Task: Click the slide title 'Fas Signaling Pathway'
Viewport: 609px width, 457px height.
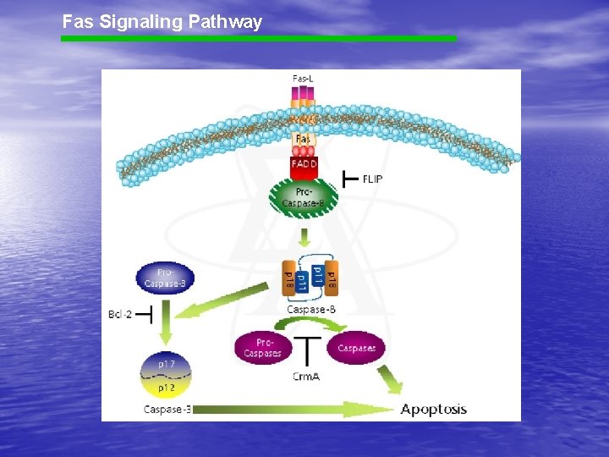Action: coord(162,22)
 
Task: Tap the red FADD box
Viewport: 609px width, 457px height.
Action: coord(304,162)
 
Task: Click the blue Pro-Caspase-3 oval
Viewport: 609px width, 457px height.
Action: coord(165,278)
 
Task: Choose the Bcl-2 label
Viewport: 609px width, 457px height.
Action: coord(120,315)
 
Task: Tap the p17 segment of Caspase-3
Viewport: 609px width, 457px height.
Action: coord(167,364)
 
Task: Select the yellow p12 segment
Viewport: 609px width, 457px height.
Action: coord(167,388)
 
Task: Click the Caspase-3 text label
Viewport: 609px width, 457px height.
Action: coord(167,410)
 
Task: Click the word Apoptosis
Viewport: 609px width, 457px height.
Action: coord(433,410)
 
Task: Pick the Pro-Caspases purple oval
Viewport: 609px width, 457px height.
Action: coord(262,348)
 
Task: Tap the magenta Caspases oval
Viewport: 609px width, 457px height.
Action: coord(357,347)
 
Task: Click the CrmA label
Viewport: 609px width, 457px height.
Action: coord(305,376)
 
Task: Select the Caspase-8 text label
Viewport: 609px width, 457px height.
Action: coord(311,310)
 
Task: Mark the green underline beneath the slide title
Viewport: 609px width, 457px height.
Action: coord(258,38)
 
